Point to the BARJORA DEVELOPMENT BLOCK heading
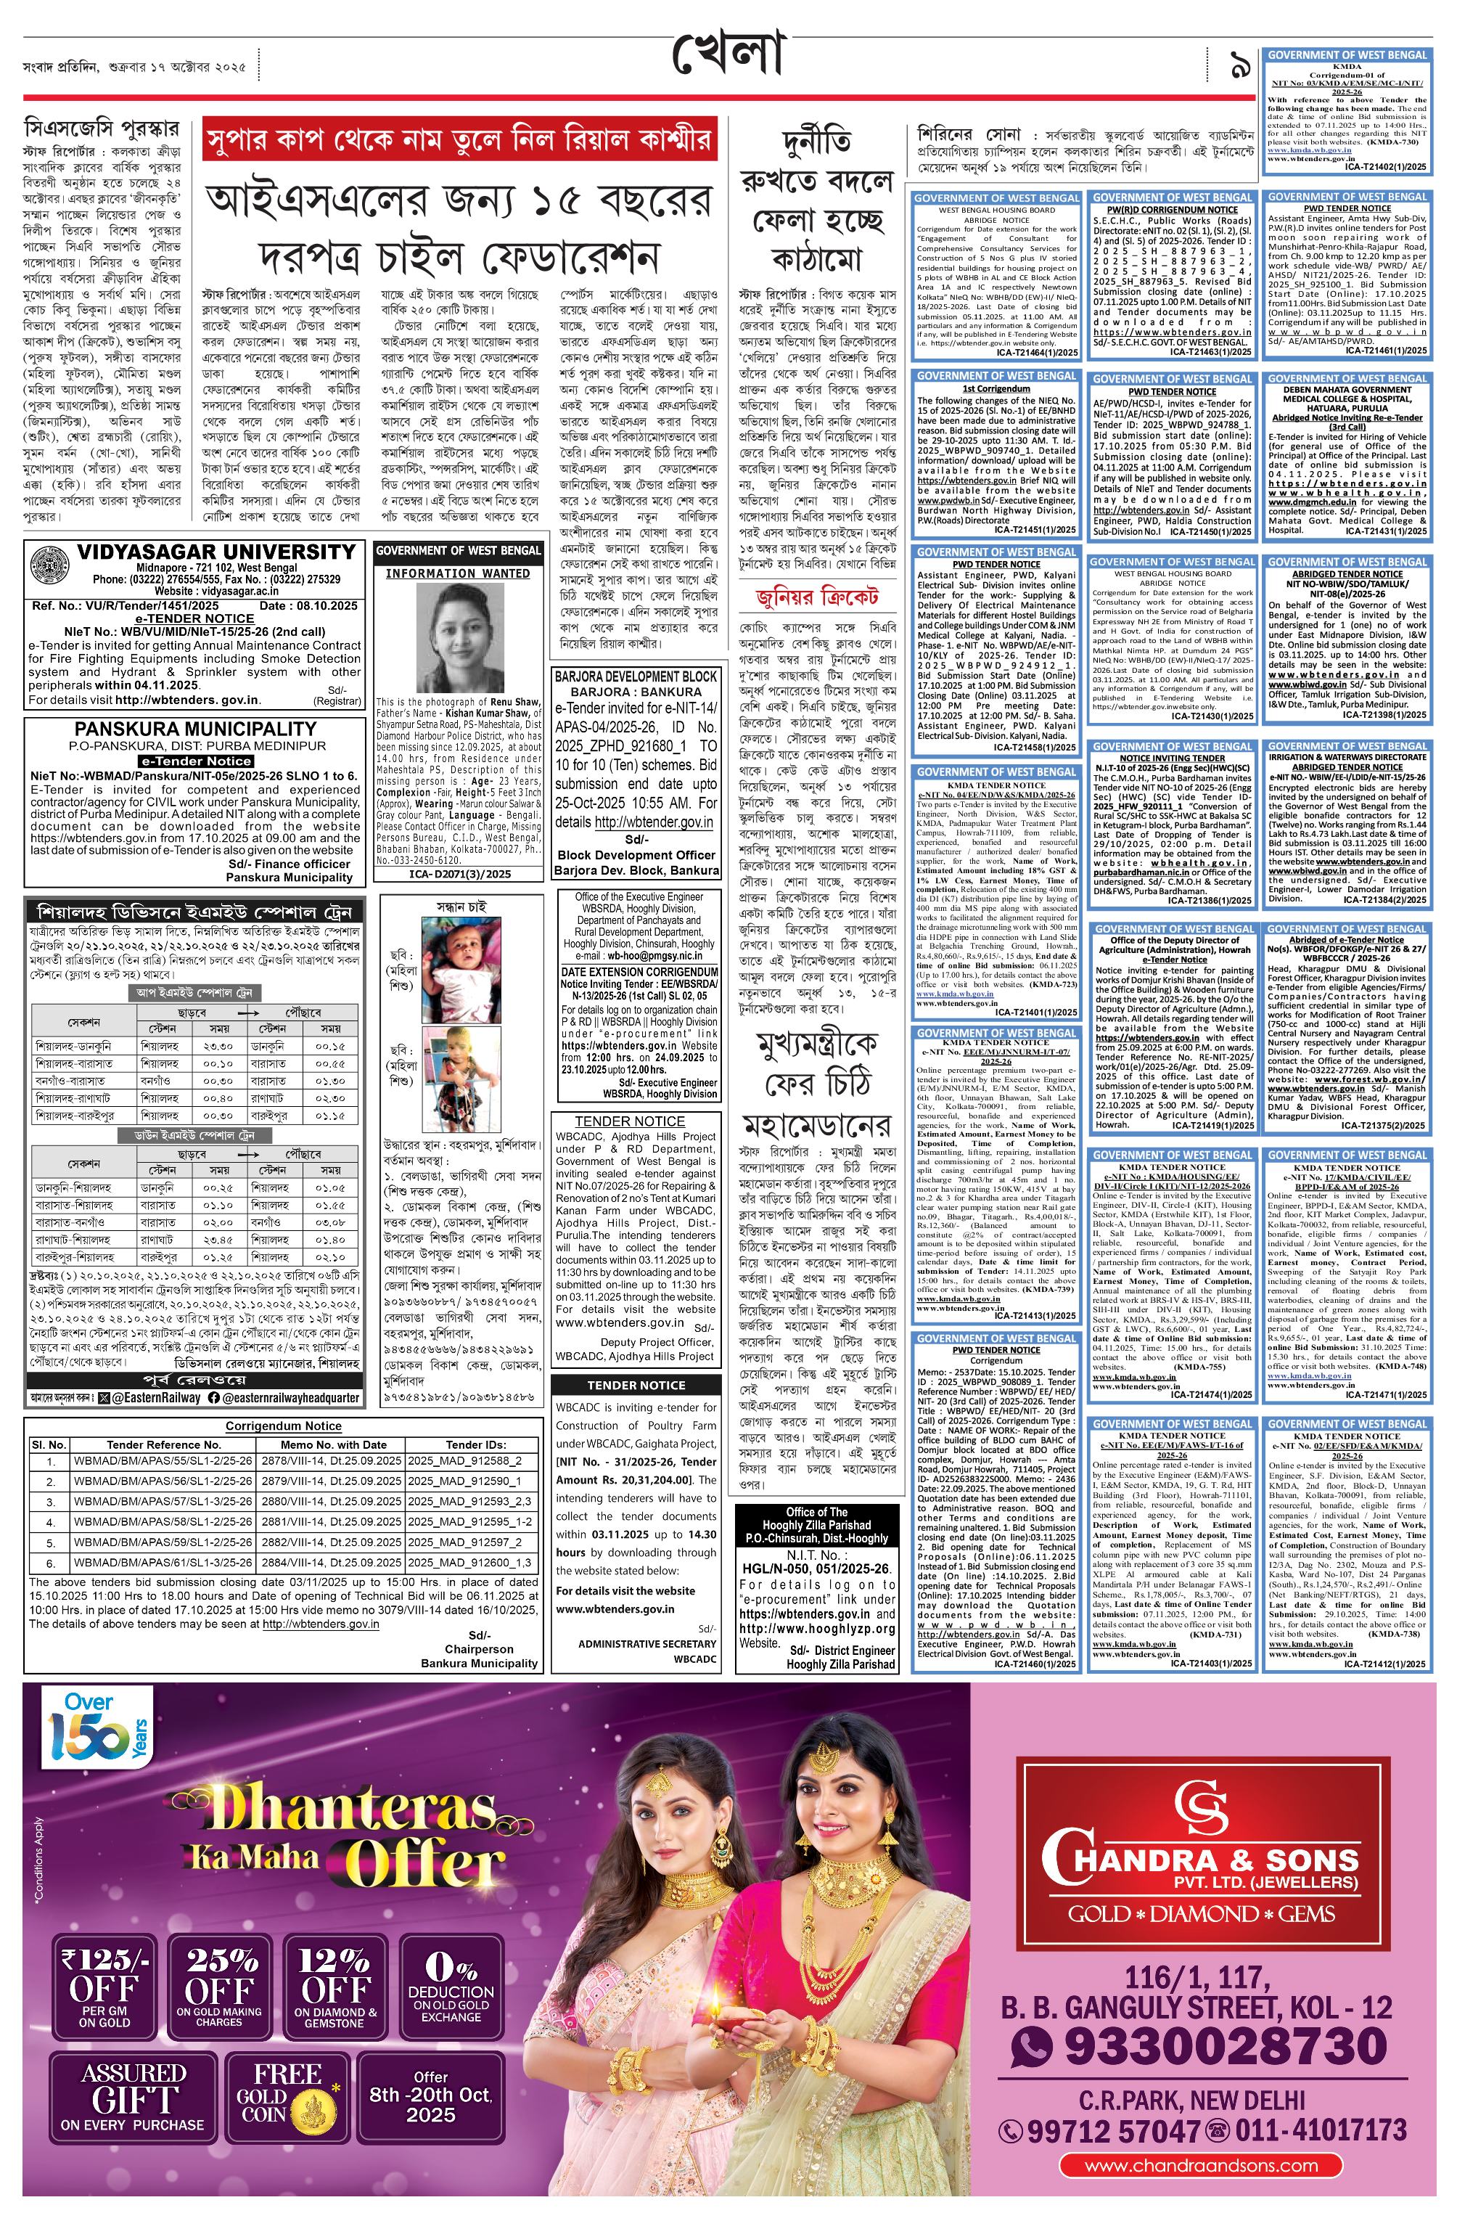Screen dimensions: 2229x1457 click(x=636, y=675)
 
